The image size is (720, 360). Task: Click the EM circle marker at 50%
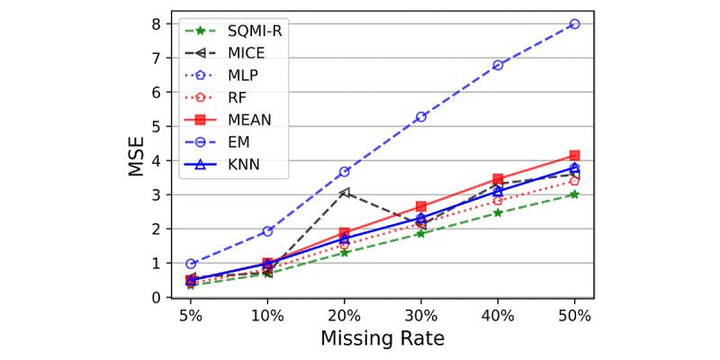pos(574,24)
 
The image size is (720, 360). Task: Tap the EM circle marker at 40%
pos(498,65)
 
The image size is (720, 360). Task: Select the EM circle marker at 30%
pos(421,117)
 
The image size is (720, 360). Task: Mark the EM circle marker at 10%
pos(267,231)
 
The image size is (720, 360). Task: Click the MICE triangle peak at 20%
pos(345,193)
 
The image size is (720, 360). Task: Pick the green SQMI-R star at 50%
pos(574,194)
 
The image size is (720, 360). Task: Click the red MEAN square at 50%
pos(574,156)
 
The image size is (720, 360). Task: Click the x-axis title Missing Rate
pos(382,339)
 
